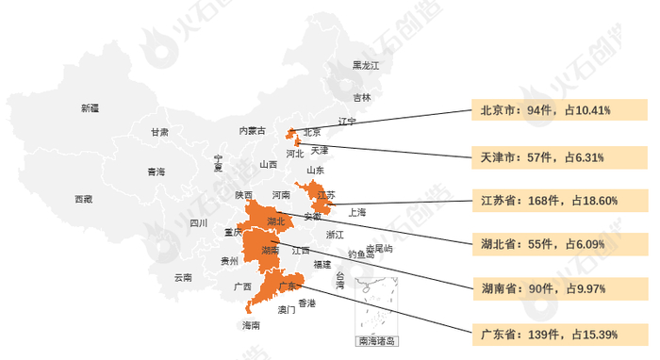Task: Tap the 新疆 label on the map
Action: [x=90, y=108]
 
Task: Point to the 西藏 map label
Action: [x=84, y=199]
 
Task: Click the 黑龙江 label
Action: [x=365, y=65]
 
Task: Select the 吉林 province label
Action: [x=362, y=97]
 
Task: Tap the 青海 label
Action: [x=156, y=172]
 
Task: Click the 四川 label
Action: [x=198, y=223]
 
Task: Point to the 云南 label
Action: [x=183, y=278]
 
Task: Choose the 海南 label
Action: [x=251, y=325]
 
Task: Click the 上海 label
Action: [x=356, y=213]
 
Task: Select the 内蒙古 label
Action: [x=252, y=130]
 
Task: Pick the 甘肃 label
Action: [x=159, y=133]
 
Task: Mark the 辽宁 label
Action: [x=347, y=122]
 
